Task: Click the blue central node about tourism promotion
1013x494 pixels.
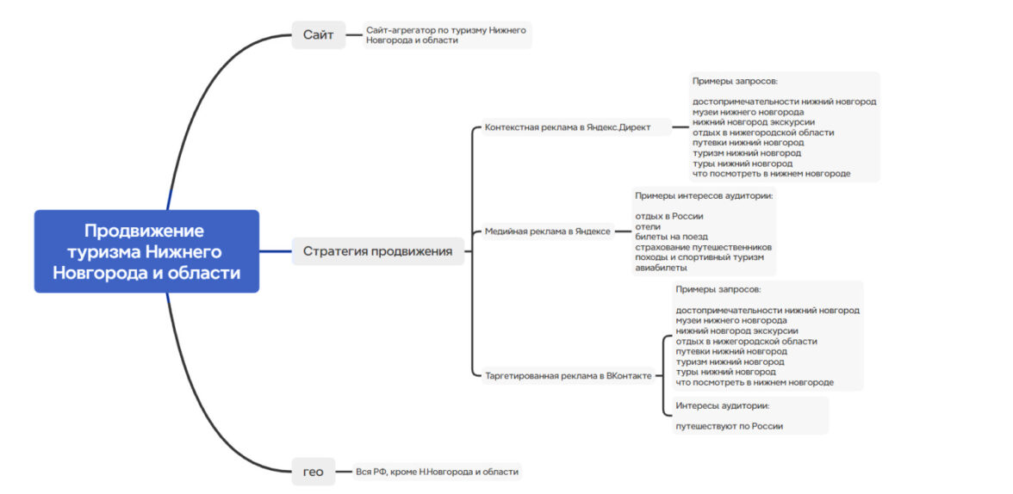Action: pos(146,251)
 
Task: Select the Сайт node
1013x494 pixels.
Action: pos(318,35)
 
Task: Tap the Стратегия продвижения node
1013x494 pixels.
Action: pos(377,251)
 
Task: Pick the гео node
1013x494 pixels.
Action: pos(313,472)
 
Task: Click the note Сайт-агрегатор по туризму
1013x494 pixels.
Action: pos(446,35)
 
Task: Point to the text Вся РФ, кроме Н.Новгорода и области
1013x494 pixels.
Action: pos(437,472)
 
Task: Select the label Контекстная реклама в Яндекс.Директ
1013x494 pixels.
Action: pos(568,127)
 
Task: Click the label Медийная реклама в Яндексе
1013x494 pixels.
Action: pos(547,231)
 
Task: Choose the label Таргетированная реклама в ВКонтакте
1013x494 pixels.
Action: pos(568,375)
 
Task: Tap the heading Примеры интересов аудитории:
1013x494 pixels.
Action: pos(704,195)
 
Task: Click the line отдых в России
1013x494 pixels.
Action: pos(669,216)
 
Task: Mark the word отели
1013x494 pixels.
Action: pos(648,226)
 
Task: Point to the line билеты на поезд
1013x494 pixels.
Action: pos(672,237)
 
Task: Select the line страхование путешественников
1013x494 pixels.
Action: pos(703,247)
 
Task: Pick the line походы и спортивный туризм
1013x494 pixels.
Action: pos(699,257)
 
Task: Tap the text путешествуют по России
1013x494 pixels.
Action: pos(729,425)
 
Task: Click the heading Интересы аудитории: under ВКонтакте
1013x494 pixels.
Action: pos(722,404)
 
